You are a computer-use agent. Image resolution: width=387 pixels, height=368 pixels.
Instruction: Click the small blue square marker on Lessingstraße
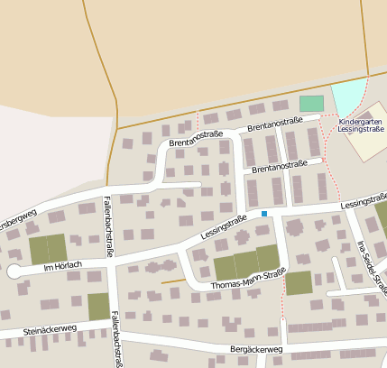(264, 214)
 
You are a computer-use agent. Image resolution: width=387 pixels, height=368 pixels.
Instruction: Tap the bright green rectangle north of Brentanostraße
(311, 104)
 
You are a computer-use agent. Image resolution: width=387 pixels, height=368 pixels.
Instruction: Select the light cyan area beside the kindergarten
(349, 96)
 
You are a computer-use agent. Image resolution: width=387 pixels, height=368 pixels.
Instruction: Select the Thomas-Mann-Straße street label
(248, 279)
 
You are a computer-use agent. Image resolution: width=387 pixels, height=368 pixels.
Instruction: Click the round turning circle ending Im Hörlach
(14, 271)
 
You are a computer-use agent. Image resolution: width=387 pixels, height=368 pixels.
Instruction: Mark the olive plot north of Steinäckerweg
(98, 307)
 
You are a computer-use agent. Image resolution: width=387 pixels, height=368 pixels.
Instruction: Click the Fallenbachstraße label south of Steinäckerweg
(116, 340)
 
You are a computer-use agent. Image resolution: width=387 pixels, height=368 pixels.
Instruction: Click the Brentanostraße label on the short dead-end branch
(286, 166)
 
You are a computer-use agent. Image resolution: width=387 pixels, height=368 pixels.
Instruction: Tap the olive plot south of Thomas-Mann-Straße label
(299, 283)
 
